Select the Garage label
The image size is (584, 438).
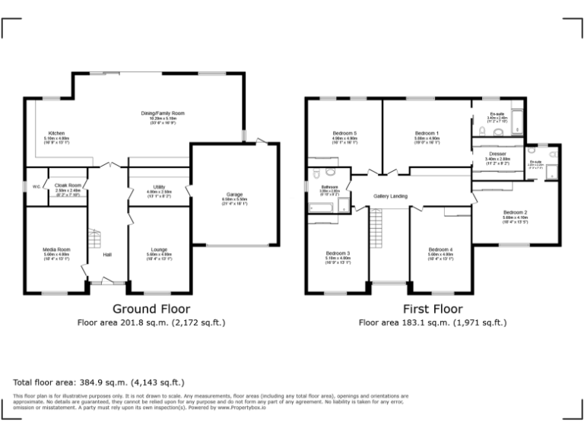tap(234, 194)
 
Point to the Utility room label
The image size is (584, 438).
tap(159, 186)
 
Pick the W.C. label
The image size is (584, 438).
tap(36, 186)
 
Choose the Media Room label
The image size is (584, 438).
tap(57, 249)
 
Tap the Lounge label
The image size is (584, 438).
tap(160, 249)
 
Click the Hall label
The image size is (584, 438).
tap(108, 254)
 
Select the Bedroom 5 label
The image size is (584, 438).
tap(345, 133)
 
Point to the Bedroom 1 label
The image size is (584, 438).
tap(427, 133)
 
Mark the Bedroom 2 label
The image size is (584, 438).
tap(515, 212)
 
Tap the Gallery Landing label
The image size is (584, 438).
tap(390, 196)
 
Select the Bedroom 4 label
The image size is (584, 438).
tap(440, 249)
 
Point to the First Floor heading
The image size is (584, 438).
tap(433, 309)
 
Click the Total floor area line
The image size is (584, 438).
tap(99, 382)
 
